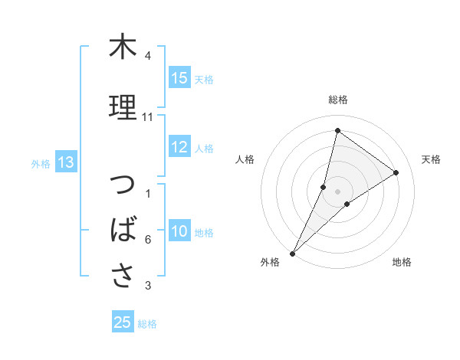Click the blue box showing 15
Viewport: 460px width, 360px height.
tap(179, 78)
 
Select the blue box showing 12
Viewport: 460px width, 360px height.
tap(179, 148)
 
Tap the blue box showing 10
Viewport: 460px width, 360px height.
tap(179, 231)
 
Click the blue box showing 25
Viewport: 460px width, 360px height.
tap(123, 322)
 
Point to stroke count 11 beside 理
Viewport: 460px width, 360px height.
tap(148, 117)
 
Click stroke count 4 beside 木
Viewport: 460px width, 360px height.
tap(147, 57)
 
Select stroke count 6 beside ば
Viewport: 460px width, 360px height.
tap(147, 241)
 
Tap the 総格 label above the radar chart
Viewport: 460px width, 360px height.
tap(338, 100)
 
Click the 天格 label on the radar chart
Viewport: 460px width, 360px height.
tap(432, 159)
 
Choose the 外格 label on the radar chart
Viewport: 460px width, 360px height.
tap(269, 263)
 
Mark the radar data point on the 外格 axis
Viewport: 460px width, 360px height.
tap(293, 253)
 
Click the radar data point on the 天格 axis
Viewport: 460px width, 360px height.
tap(396, 172)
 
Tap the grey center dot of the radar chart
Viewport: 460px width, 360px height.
tap(338, 191)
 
